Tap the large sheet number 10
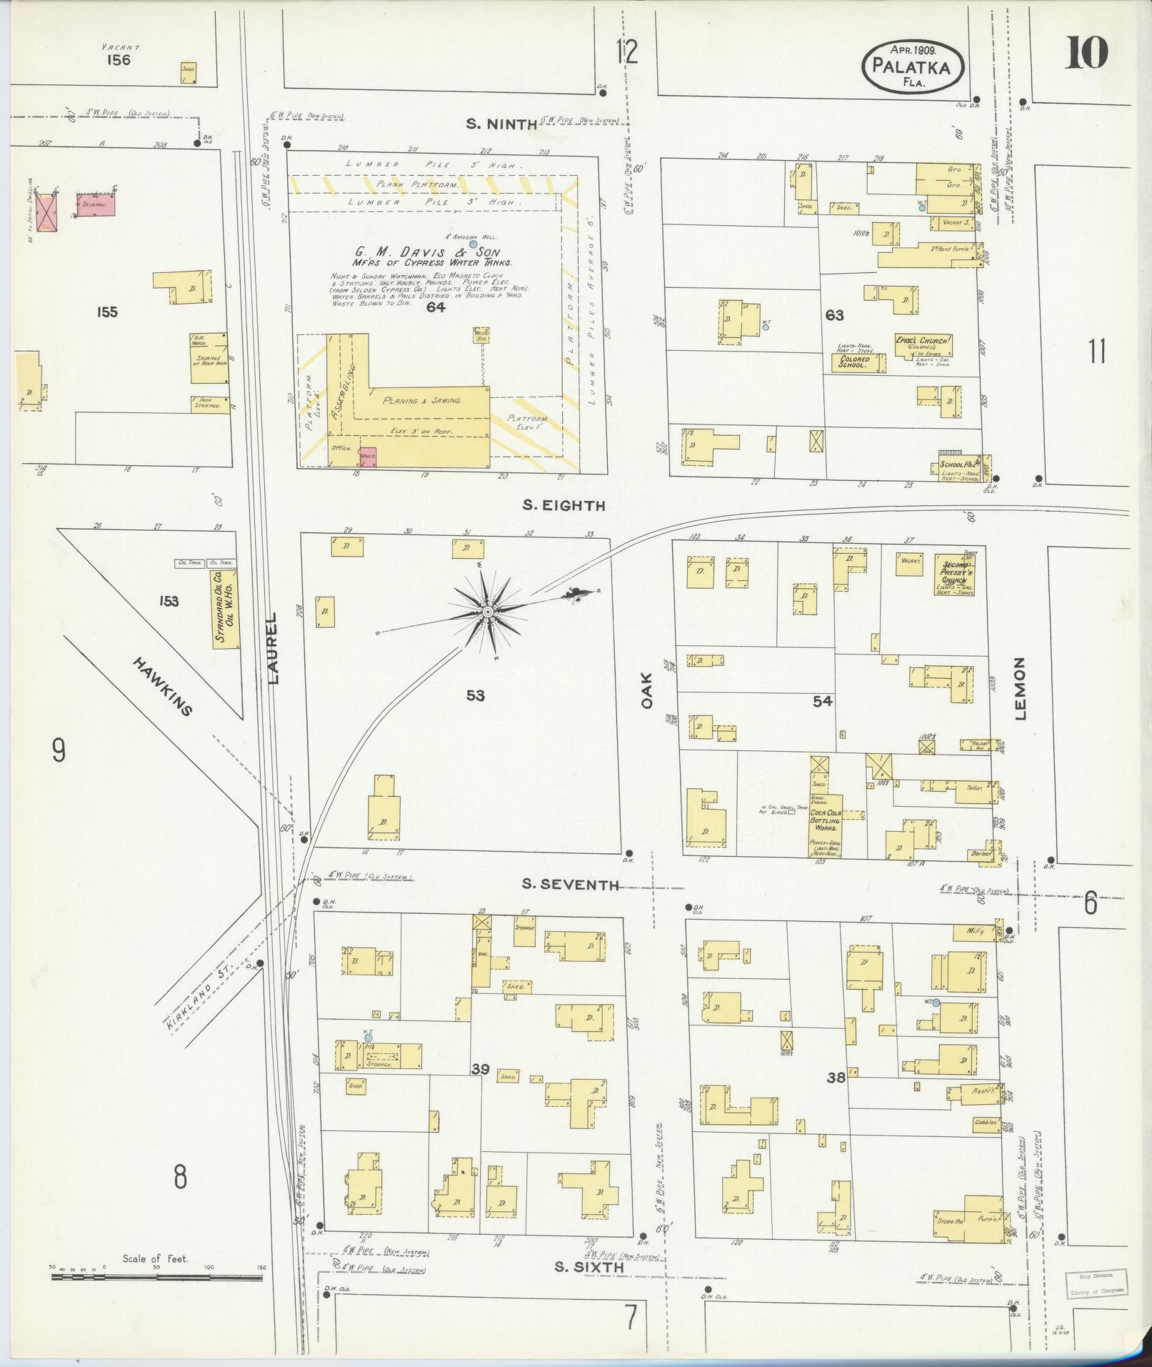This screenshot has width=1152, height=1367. click(1086, 53)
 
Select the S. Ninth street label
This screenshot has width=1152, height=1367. click(501, 124)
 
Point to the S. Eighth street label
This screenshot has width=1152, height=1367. click(564, 505)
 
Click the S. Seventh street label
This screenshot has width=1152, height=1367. click(570, 885)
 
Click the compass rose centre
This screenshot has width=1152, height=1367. click(487, 612)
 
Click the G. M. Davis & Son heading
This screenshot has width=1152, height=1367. click(426, 252)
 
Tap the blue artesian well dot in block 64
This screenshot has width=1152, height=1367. click(473, 244)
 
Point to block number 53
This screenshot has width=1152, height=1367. click(475, 695)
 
